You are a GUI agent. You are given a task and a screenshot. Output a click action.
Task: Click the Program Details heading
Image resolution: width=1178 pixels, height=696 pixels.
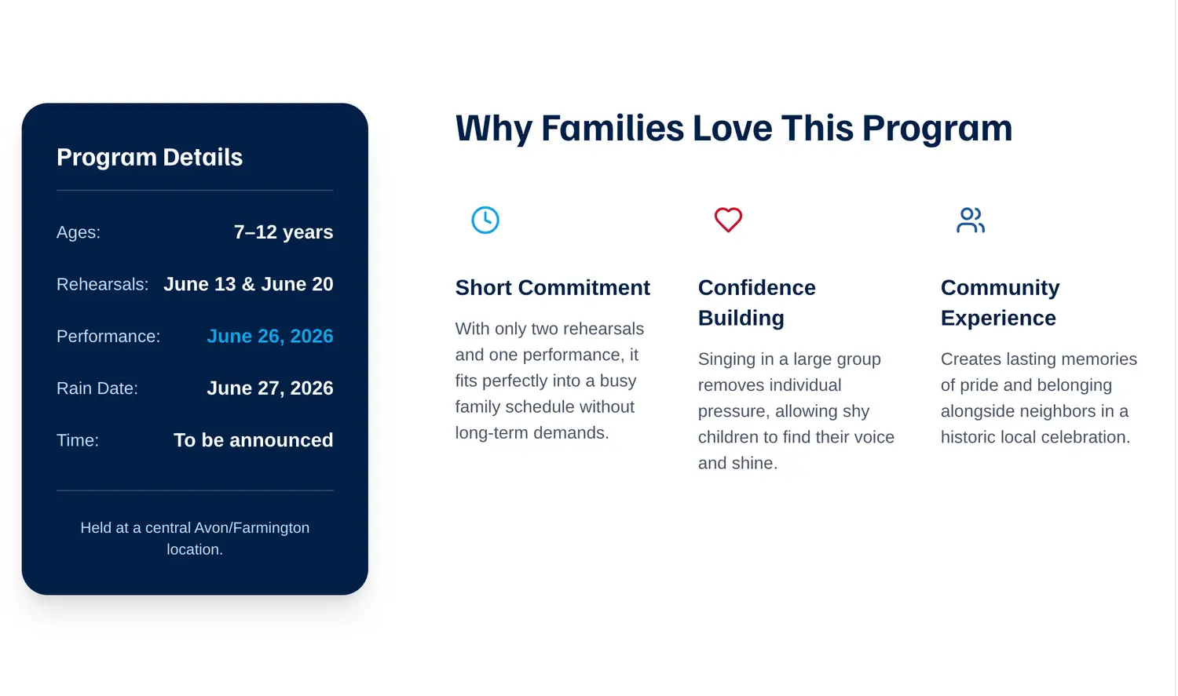pyautogui.click(x=149, y=157)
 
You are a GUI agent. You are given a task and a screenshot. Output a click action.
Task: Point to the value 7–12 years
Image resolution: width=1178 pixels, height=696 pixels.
pyautogui.click(x=284, y=232)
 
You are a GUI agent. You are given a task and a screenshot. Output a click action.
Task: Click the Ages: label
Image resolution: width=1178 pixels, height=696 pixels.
pyautogui.click(x=79, y=232)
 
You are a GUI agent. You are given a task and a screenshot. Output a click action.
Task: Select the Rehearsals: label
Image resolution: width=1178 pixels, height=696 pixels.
pyautogui.click(x=103, y=284)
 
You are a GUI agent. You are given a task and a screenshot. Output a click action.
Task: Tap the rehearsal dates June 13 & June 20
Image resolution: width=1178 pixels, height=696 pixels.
pyautogui.click(x=248, y=284)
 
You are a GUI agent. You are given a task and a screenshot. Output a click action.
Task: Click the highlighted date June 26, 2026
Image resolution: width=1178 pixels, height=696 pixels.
pyautogui.click(x=270, y=336)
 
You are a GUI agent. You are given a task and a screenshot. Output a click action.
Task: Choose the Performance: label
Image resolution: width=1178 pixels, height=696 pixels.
pyautogui.click(x=108, y=336)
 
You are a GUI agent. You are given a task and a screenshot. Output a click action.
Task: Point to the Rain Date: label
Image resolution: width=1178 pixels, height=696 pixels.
pyautogui.click(x=97, y=388)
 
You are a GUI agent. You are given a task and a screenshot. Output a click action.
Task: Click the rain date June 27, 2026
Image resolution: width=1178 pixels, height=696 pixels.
pyautogui.click(x=270, y=388)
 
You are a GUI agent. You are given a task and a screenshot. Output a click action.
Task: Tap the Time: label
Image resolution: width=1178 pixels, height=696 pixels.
pyautogui.click(x=77, y=440)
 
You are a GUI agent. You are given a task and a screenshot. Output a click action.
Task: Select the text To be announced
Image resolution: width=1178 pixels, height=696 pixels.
pyautogui.click(x=254, y=440)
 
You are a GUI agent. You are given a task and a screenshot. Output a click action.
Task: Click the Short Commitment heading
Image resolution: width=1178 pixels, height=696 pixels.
pyautogui.click(x=553, y=288)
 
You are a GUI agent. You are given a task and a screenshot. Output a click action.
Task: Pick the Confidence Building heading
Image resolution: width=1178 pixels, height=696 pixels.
pyautogui.click(x=757, y=303)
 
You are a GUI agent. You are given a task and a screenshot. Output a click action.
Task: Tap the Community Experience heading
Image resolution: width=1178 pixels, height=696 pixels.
pyautogui.click(x=1000, y=303)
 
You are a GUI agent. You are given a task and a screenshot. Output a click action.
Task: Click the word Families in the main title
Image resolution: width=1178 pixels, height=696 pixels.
pyautogui.click(x=613, y=128)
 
